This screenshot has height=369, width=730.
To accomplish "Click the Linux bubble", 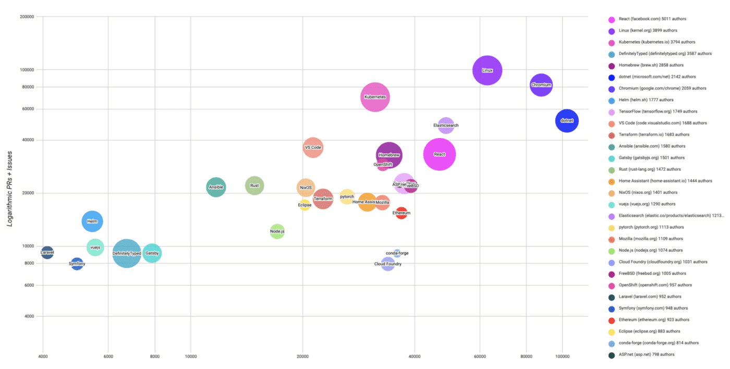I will coord(487,70).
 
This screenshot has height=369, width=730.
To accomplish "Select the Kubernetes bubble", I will coord(375,97).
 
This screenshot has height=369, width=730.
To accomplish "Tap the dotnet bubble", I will coord(566,121).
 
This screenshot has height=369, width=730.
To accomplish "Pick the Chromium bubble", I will coord(541,85).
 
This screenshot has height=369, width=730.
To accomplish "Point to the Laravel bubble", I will coord(47,253).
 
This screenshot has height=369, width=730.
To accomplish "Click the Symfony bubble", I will coord(77,264).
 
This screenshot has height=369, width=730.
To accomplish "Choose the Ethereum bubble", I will coord(401,213).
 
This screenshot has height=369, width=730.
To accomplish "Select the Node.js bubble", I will coord(277,231).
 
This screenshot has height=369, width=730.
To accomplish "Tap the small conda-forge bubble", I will coord(397,253).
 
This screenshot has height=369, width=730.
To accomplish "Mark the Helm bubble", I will coord(92,221).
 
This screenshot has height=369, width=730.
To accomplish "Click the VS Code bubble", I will coord(313,147).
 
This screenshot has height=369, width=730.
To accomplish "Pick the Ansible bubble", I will coord(216,187).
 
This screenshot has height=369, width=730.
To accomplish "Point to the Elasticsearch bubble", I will coord(446,126).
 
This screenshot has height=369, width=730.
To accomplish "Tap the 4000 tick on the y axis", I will coord(28,316).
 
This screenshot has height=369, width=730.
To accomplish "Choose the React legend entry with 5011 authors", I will coord(652,19).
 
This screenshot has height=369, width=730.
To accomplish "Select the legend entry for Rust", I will coord(649,169).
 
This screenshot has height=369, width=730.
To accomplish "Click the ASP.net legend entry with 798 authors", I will coord(646,354).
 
